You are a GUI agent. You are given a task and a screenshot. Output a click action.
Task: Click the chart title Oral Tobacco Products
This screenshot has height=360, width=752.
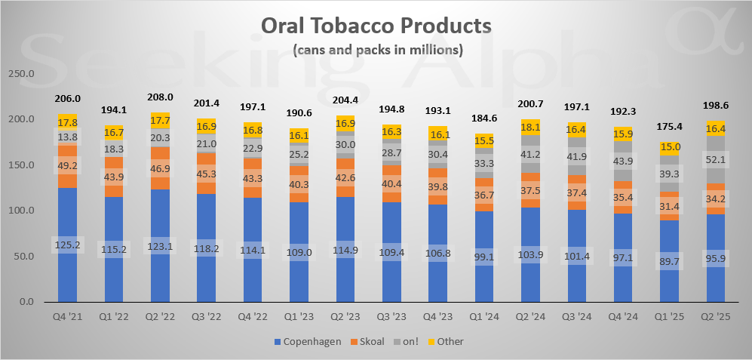point(376,26)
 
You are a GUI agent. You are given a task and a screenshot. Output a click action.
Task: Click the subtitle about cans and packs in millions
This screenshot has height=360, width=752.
point(376,51)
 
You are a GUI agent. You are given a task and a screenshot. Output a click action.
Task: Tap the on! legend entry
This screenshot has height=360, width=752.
point(411,341)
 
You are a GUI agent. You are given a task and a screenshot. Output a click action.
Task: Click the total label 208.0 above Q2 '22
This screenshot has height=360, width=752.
point(161,97)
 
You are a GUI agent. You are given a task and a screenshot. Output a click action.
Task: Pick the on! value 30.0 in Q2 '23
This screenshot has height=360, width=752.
point(345,145)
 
